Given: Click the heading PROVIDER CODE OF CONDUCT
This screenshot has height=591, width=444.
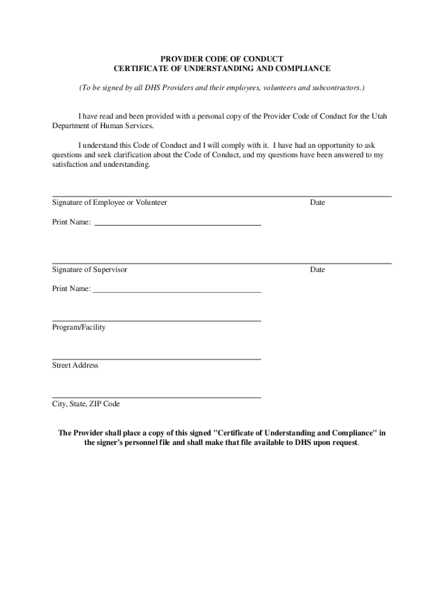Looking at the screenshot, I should click(x=221, y=59).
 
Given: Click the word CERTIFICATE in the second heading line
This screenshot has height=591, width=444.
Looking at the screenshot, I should click(x=139, y=69).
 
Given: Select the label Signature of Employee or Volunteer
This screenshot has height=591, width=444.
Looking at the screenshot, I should click(x=110, y=203).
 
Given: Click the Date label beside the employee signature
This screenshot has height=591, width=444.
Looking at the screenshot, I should click(x=317, y=203).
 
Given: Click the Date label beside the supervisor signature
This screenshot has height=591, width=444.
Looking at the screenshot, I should click(x=317, y=270).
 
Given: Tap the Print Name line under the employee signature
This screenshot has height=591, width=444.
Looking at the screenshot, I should click(x=178, y=224).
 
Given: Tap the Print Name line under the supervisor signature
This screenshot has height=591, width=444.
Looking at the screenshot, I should click(x=176, y=291).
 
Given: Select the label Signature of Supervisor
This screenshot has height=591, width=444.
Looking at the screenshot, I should click(x=90, y=270).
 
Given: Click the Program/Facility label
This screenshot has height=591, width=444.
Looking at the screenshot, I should click(x=79, y=327).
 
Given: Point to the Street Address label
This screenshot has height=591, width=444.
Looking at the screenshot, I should click(x=76, y=365).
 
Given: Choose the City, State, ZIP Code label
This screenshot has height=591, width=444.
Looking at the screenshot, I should click(x=86, y=404).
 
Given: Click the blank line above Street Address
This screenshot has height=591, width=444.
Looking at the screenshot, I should click(x=156, y=359).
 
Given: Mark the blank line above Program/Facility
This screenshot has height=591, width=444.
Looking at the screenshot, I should click(x=156, y=320).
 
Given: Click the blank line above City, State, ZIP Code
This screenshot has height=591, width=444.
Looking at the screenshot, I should click(x=156, y=397).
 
